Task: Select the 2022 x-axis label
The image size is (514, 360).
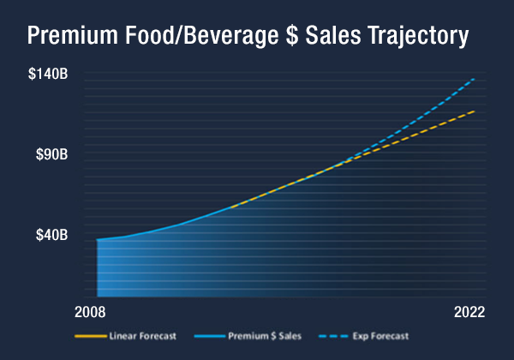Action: pos(470,311)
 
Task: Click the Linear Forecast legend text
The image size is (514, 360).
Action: pos(142,335)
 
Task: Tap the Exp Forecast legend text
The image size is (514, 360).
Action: pos(377,335)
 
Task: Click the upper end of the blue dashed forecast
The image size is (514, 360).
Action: pos(474,79)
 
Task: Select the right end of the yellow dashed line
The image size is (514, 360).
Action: pos(474,111)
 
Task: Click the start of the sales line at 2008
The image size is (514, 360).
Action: pos(98,239)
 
